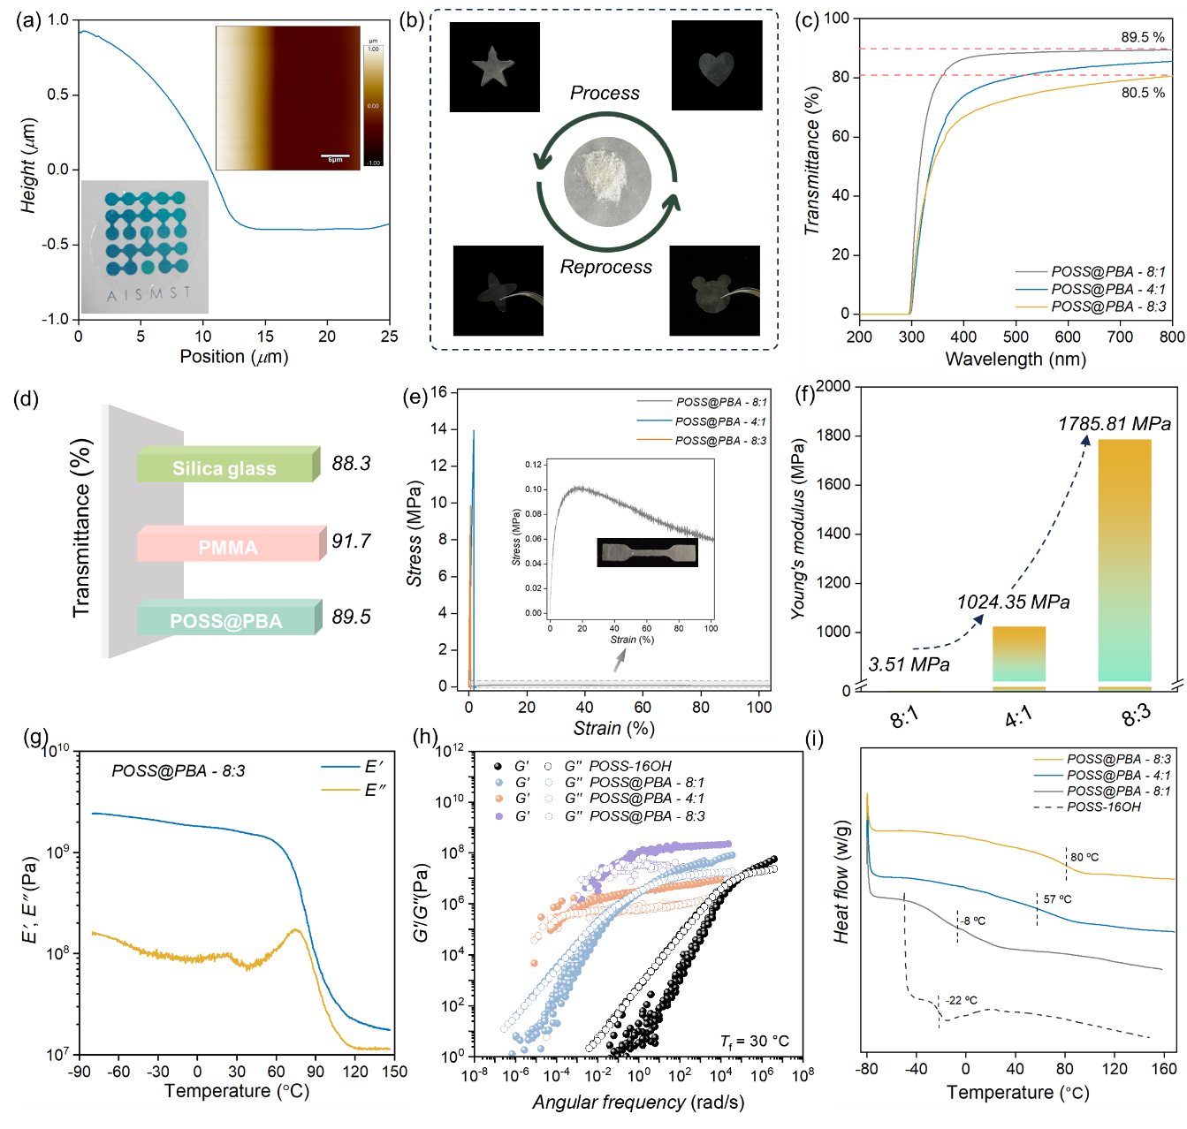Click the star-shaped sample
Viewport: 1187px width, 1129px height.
click(493, 68)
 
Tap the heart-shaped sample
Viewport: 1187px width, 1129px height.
click(716, 69)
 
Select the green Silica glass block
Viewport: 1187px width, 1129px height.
click(226, 467)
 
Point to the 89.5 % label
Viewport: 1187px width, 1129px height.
click(1142, 37)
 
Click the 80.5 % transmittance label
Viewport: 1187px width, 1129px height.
click(1142, 93)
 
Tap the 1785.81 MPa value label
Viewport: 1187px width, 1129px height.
click(1114, 424)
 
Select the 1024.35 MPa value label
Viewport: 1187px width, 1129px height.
click(1013, 602)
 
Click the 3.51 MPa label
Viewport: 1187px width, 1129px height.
click(909, 665)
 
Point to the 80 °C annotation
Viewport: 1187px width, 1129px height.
click(1084, 857)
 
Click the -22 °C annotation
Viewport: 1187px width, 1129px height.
click(962, 1000)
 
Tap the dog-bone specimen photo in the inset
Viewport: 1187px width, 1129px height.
click(647, 553)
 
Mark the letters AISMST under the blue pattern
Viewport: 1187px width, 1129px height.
click(148, 294)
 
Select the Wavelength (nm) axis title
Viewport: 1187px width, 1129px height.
click(1015, 360)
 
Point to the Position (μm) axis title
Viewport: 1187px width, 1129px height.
click(233, 357)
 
